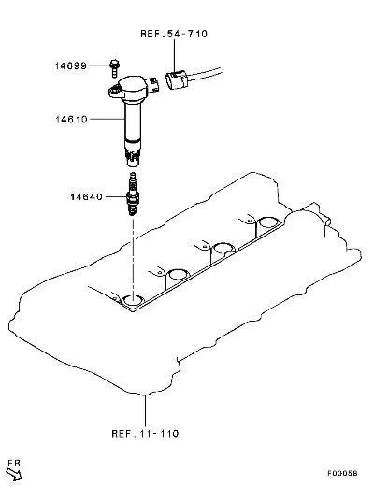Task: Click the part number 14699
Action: point(71,65)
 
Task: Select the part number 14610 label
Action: point(71,120)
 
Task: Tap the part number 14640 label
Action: point(86,197)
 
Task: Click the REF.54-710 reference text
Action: point(174,34)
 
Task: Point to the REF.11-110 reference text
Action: point(145,434)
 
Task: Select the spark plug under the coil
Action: point(133,194)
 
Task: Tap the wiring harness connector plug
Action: point(176,80)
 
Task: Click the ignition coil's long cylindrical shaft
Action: point(133,123)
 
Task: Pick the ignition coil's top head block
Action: point(134,86)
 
